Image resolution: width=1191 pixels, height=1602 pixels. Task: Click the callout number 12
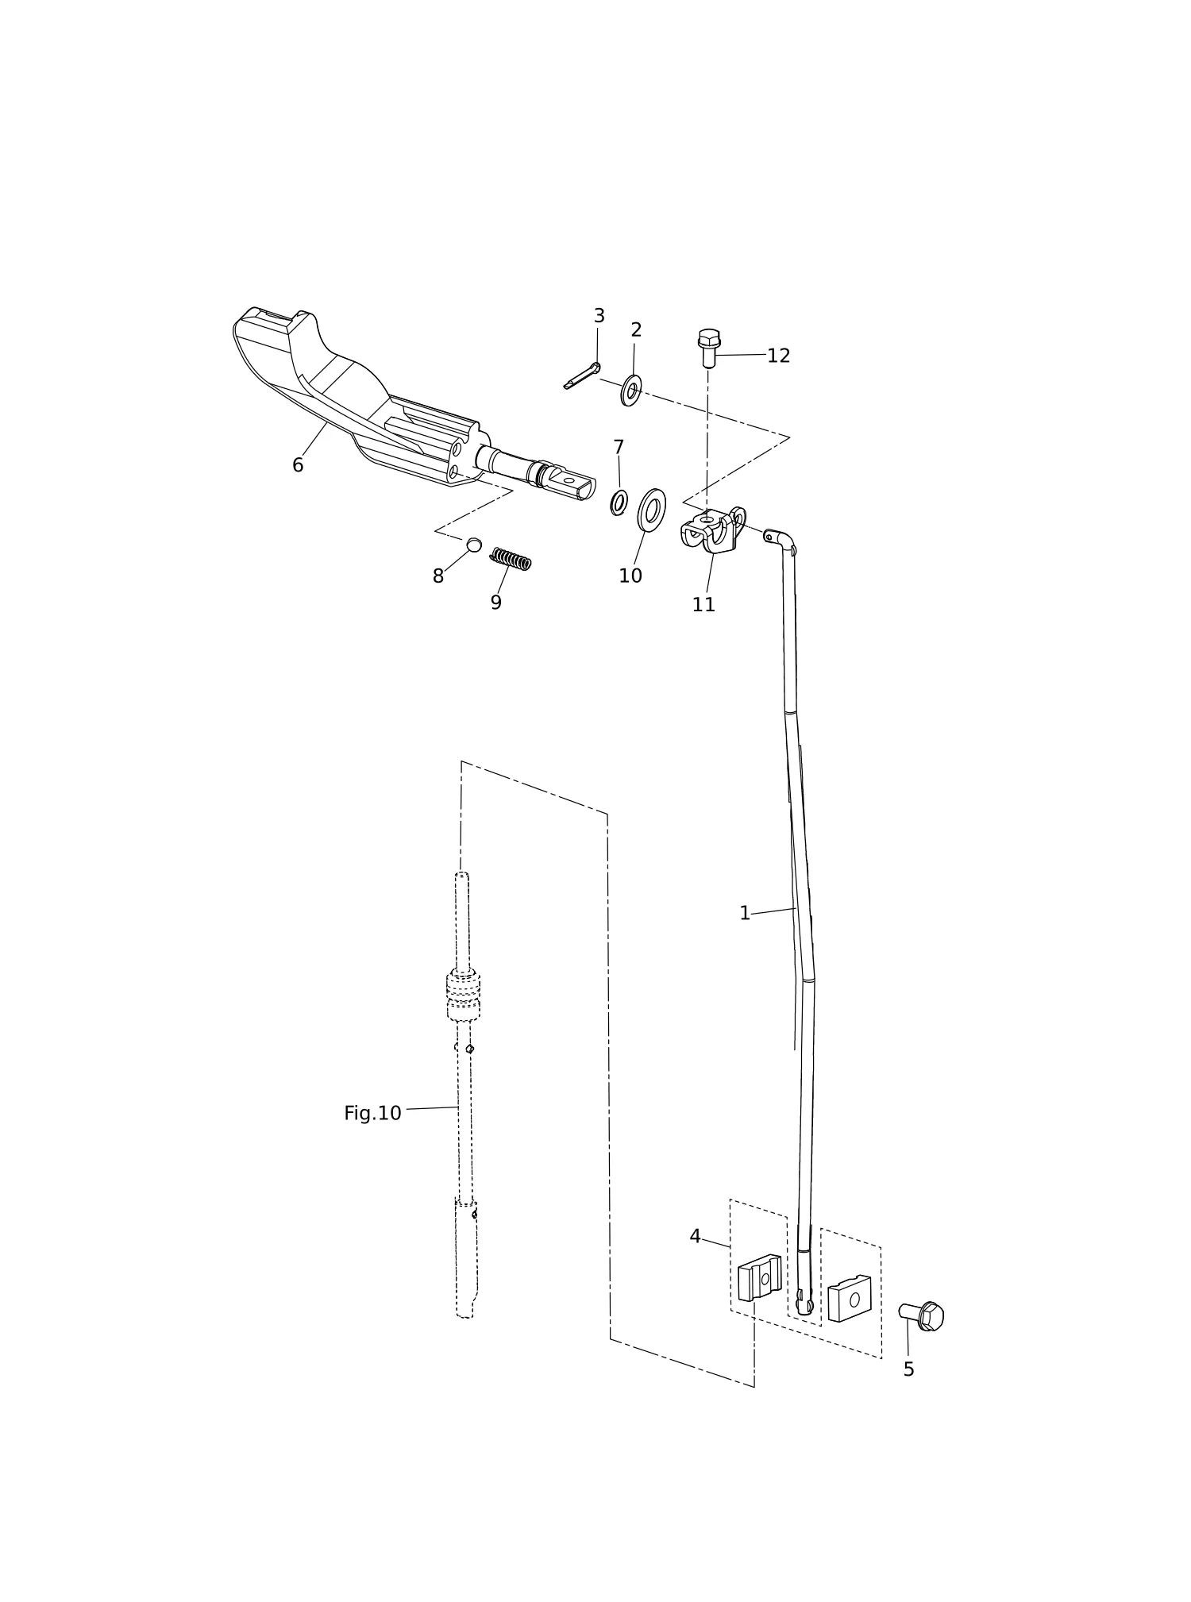778,356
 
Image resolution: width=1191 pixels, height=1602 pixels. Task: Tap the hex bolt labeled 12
708,348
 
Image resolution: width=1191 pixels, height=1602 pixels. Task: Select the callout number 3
599,316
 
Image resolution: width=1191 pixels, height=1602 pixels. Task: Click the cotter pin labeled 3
582,376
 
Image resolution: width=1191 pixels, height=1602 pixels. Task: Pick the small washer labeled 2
631,391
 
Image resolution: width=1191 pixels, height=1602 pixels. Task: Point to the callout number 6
298,465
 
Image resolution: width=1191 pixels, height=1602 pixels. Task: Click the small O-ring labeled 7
619,503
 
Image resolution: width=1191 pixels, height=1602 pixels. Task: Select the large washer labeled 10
652,510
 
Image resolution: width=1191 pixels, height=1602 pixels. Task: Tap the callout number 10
630,576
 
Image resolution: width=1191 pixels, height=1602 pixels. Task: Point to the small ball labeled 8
473,545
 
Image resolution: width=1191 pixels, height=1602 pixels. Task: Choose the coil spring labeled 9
511,559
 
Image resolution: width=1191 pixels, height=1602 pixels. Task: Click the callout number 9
495,603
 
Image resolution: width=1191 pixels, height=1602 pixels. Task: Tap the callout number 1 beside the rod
744,914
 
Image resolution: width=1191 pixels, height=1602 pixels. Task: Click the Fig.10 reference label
372,1114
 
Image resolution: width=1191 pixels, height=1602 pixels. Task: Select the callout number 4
695,1236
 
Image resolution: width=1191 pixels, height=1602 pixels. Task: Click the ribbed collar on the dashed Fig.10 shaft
463,995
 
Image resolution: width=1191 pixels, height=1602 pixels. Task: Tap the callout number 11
703,605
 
